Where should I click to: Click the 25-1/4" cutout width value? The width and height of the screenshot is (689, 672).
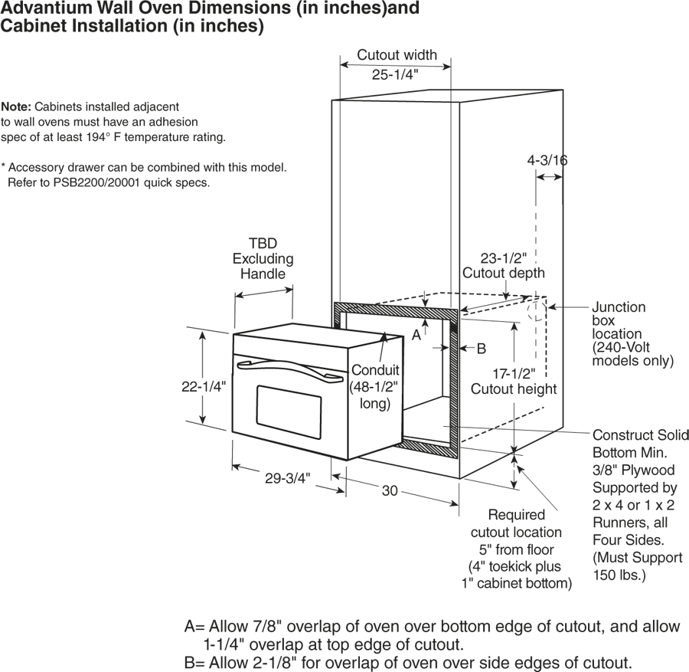coord(395,74)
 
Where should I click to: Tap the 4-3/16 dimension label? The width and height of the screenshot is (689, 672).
coord(547,160)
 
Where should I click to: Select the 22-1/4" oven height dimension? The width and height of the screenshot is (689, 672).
coord(204,386)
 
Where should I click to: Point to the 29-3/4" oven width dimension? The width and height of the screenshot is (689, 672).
coord(287,477)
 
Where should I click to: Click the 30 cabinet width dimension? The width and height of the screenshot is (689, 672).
coord(390,490)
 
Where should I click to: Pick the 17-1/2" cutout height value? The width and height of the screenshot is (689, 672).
coord(514,374)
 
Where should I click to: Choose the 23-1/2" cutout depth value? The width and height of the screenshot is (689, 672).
coord(503,257)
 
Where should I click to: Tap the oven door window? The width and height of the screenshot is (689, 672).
coord(289,412)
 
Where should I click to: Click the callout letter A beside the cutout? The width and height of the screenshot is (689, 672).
coord(416,335)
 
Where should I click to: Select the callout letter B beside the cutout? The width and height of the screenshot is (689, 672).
coord(482,349)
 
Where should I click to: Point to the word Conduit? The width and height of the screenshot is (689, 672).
coord(375,370)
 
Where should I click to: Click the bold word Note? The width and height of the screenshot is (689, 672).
coord(16,107)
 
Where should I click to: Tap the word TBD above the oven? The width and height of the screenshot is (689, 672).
coord(263,243)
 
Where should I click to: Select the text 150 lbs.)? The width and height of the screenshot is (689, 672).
coord(619,575)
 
